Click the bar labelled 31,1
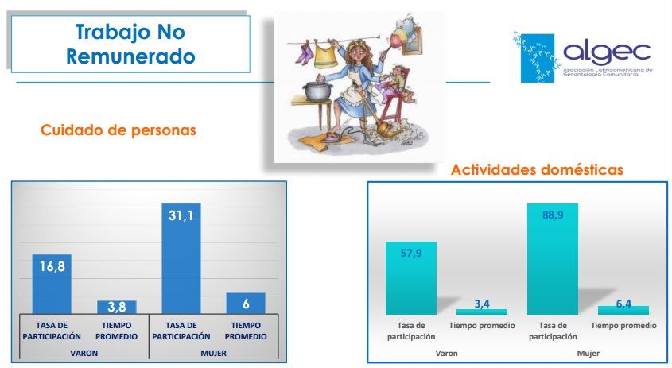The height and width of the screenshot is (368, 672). [181, 258]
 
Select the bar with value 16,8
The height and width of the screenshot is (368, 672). [52, 284]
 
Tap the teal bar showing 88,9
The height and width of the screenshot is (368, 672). [553, 259]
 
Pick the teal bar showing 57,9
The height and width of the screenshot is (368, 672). [411, 278]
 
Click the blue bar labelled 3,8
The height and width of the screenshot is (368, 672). [117, 307]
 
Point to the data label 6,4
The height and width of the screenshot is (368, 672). [623, 304]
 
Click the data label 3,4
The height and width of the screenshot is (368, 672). [482, 304]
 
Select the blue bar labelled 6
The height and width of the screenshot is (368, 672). [246, 304]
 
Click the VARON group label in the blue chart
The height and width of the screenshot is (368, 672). [84, 354]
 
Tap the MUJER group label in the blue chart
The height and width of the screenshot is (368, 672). [213, 354]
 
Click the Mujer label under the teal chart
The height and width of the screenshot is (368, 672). [588, 354]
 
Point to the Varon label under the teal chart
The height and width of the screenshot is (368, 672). [447, 354]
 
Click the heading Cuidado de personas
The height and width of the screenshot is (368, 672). [118, 130]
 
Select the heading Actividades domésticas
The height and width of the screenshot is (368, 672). [537, 169]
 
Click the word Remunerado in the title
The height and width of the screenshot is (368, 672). [130, 56]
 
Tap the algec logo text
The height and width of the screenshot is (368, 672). [607, 52]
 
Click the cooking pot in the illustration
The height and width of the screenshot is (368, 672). [317, 90]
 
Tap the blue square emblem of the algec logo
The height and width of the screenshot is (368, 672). [538, 58]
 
